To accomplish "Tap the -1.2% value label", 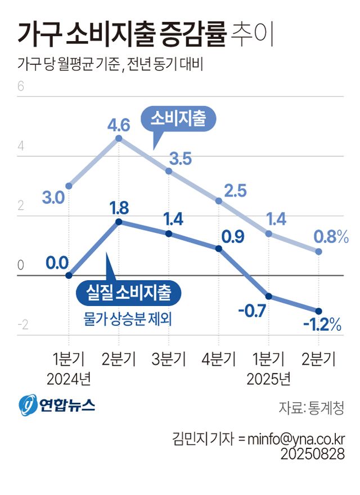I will click(x=322, y=325).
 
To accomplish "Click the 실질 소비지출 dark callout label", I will click(x=128, y=291).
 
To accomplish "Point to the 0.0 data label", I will click(x=57, y=262).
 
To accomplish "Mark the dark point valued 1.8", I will click(x=118, y=222).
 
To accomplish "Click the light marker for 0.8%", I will click(x=318, y=251).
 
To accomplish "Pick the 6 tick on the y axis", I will click(x=21, y=87).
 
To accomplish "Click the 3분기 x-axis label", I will click(x=168, y=359).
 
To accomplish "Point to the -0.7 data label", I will click(x=251, y=310).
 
